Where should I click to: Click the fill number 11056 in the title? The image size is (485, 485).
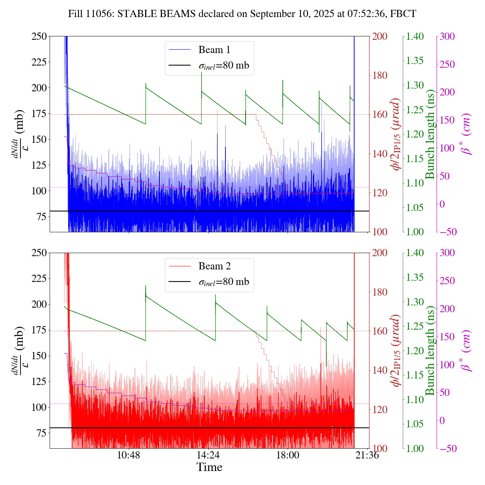pos(101,14)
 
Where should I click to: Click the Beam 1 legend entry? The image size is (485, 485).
pos(214,50)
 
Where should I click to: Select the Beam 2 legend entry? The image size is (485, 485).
pos(214,266)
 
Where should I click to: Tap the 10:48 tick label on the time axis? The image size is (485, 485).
pos(129,455)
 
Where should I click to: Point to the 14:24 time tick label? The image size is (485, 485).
pos(208,455)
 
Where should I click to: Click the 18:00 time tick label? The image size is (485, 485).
pos(288,455)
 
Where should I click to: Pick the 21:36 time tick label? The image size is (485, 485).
pos(367,455)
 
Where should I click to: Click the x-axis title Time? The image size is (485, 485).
pos(209,467)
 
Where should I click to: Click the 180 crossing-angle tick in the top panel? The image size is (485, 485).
pos(380,75)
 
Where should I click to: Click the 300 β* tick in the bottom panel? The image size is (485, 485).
pos(447,253)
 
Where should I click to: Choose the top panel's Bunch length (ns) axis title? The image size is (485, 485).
pos(430,134)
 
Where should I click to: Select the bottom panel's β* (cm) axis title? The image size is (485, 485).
pos(466,350)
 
